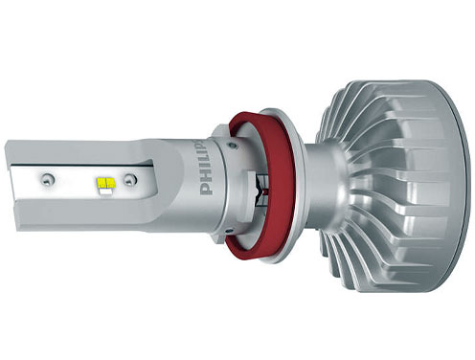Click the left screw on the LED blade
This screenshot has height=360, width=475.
[48, 180]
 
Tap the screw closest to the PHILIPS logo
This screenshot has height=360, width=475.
[129, 180]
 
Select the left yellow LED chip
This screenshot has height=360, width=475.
[102, 183]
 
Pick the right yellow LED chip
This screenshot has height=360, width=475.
[110, 183]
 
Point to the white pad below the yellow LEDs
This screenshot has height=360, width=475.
[106, 191]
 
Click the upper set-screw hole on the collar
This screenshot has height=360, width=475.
[233, 146]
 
